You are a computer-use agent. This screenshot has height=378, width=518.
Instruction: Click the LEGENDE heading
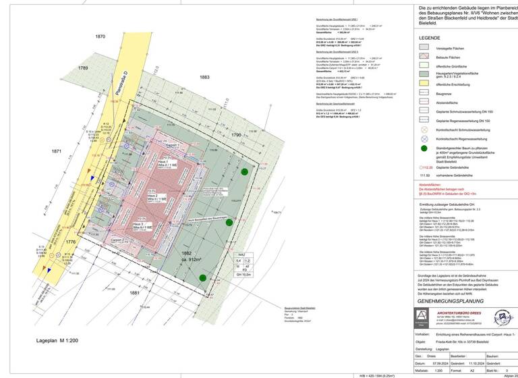tap(430, 38)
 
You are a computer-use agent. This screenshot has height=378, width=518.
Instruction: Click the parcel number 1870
tap(100, 36)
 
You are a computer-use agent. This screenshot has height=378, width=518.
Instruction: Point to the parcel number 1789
tap(83, 68)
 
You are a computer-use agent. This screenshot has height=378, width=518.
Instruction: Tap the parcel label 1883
tap(204, 78)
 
